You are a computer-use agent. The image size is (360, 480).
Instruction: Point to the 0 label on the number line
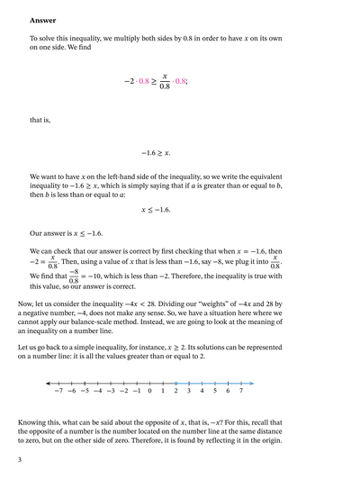pos(149,393)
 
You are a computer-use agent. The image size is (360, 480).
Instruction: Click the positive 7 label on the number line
pos(241,393)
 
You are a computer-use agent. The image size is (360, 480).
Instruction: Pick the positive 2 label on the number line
pos(175,393)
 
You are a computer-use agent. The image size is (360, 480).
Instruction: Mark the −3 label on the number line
pos(110,393)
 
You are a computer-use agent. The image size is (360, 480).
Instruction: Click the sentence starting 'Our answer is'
pos(67,232)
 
